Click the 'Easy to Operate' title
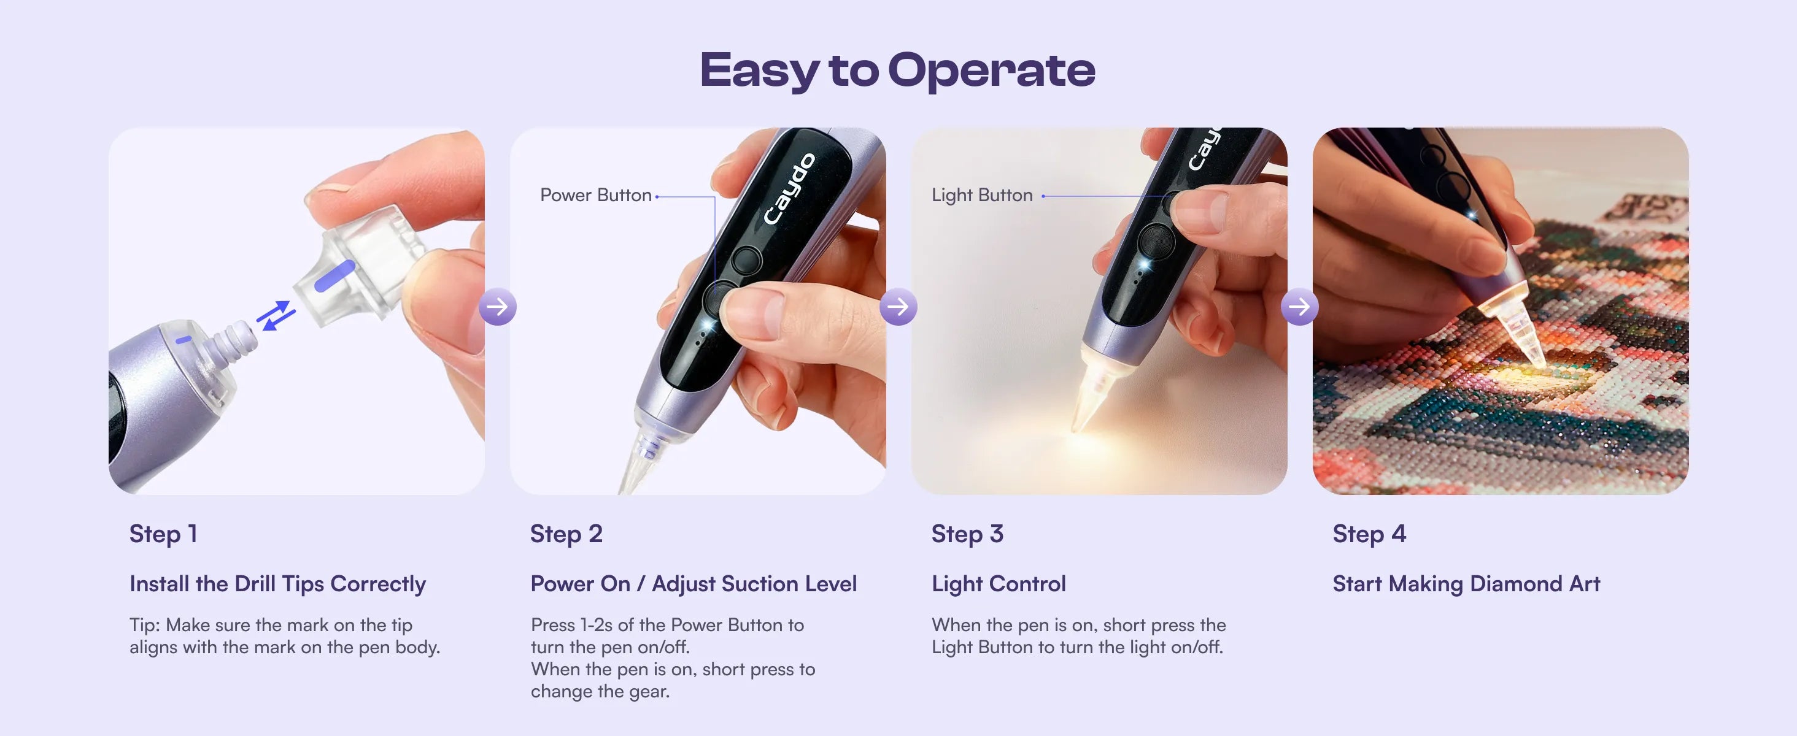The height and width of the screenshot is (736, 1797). click(x=898, y=70)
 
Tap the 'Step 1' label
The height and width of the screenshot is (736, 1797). click(x=163, y=534)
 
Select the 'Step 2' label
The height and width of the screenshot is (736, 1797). click(x=566, y=534)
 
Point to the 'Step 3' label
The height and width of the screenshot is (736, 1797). click(x=967, y=534)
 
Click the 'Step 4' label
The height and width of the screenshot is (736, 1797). click(x=1369, y=534)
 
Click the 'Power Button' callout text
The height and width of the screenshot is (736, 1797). click(x=596, y=195)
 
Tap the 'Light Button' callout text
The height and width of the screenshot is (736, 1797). click(x=981, y=195)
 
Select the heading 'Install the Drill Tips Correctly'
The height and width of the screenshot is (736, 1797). click(x=277, y=584)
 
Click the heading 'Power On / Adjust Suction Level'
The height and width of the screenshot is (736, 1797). click(x=694, y=584)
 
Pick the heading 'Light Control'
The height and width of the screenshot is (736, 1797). click(x=999, y=584)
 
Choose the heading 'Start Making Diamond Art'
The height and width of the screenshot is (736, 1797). click(x=1466, y=584)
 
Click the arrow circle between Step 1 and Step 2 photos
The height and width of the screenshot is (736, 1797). click(x=497, y=307)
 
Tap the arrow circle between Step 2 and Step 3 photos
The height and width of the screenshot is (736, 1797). click(x=898, y=307)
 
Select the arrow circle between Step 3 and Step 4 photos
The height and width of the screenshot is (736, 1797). click(x=1299, y=307)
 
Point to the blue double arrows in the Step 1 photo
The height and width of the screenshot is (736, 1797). click(x=276, y=316)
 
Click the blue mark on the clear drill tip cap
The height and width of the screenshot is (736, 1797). click(x=334, y=276)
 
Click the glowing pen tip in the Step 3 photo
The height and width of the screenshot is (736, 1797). click(x=1092, y=397)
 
